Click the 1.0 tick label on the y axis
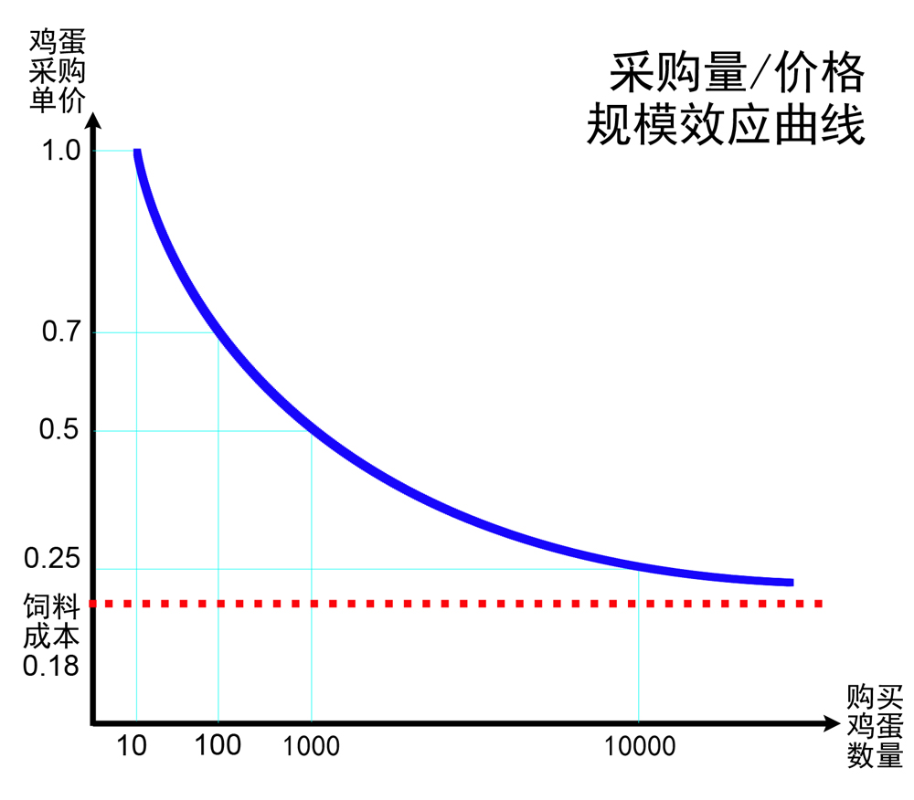click(61, 151)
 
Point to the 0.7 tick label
click(61, 332)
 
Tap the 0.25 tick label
click(53, 558)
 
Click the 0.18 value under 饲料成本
click(51, 666)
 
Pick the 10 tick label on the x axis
click(133, 746)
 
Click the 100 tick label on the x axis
click(218, 745)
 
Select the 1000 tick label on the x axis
click(311, 746)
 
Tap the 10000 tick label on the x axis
click(640, 746)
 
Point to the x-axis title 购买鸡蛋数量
click(875, 728)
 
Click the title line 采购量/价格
click(737, 72)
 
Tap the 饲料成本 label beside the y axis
click(51, 620)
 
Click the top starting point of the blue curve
click(137, 152)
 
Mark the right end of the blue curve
click(791, 582)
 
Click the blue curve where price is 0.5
click(312, 430)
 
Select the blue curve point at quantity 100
click(218, 332)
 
